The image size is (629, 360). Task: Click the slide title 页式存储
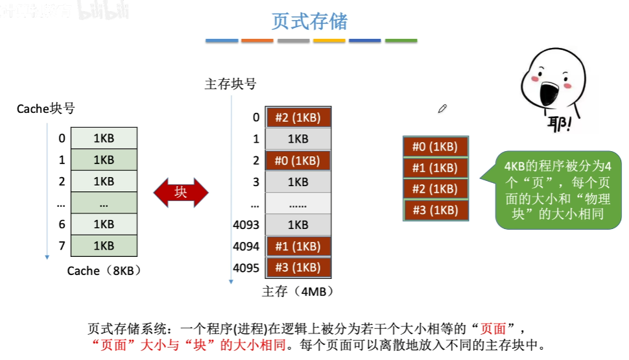(309, 21)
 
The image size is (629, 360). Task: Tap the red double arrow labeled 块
(181, 192)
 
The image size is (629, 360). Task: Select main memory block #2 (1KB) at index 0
(298, 117)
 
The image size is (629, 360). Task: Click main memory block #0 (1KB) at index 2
(298, 160)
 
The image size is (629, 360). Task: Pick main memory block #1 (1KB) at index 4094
(298, 246)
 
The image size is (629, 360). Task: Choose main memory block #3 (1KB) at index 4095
(298, 268)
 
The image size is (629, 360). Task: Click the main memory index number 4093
(246, 225)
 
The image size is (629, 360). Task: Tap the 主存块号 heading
(230, 84)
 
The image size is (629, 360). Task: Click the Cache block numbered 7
(104, 246)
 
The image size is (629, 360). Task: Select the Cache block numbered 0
(104, 138)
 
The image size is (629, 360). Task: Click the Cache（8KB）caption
(104, 271)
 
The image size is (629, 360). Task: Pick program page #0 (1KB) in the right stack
(435, 147)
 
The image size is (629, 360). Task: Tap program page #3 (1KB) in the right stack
(435, 210)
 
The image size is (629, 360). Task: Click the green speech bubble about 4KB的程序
(558, 189)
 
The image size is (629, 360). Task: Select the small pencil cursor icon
(442, 108)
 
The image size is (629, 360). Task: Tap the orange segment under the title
(257, 41)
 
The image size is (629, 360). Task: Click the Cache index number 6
(62, 224)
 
